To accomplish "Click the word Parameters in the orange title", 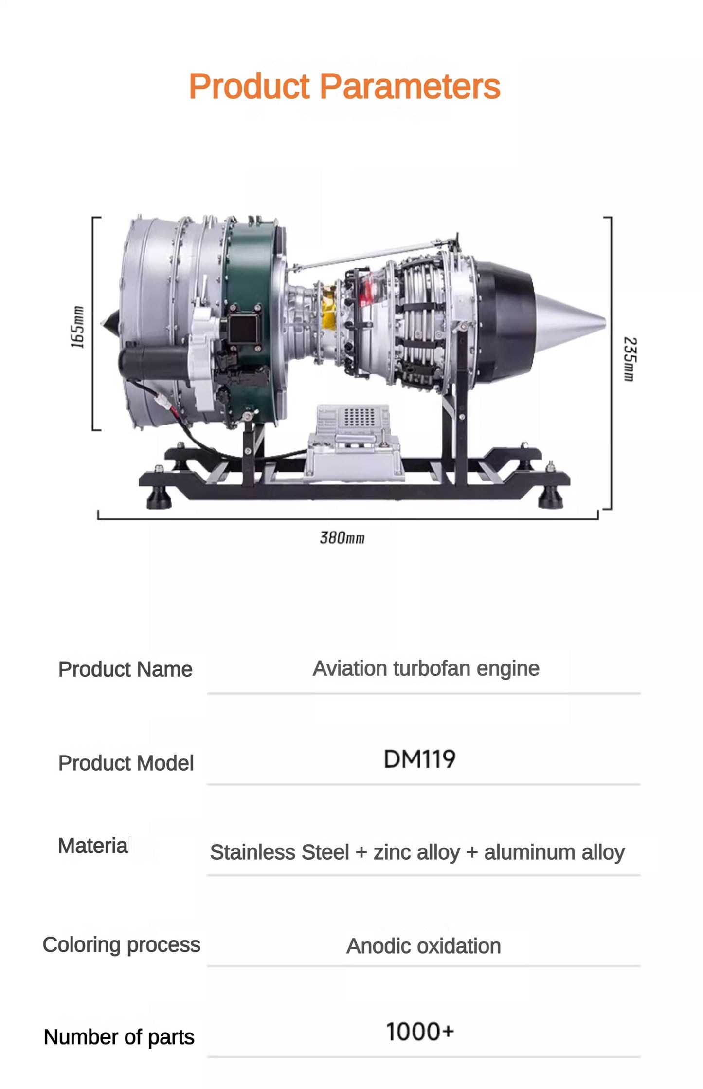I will click(410, 87).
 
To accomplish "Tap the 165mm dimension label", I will click(77, 327).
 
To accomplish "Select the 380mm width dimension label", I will click(342, 538).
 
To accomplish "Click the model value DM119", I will click(419, 759).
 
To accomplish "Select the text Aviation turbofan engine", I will click(426, 668).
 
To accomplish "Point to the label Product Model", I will click(126, 763).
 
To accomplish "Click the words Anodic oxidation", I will click(423, 946).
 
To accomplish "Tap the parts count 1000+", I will click(419, 1032).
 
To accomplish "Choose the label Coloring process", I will click(121, 944).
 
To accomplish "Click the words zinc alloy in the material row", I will click(416, 852).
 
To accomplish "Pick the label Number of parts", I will click(119, 1037).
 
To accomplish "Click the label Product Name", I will click(125, 669).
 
